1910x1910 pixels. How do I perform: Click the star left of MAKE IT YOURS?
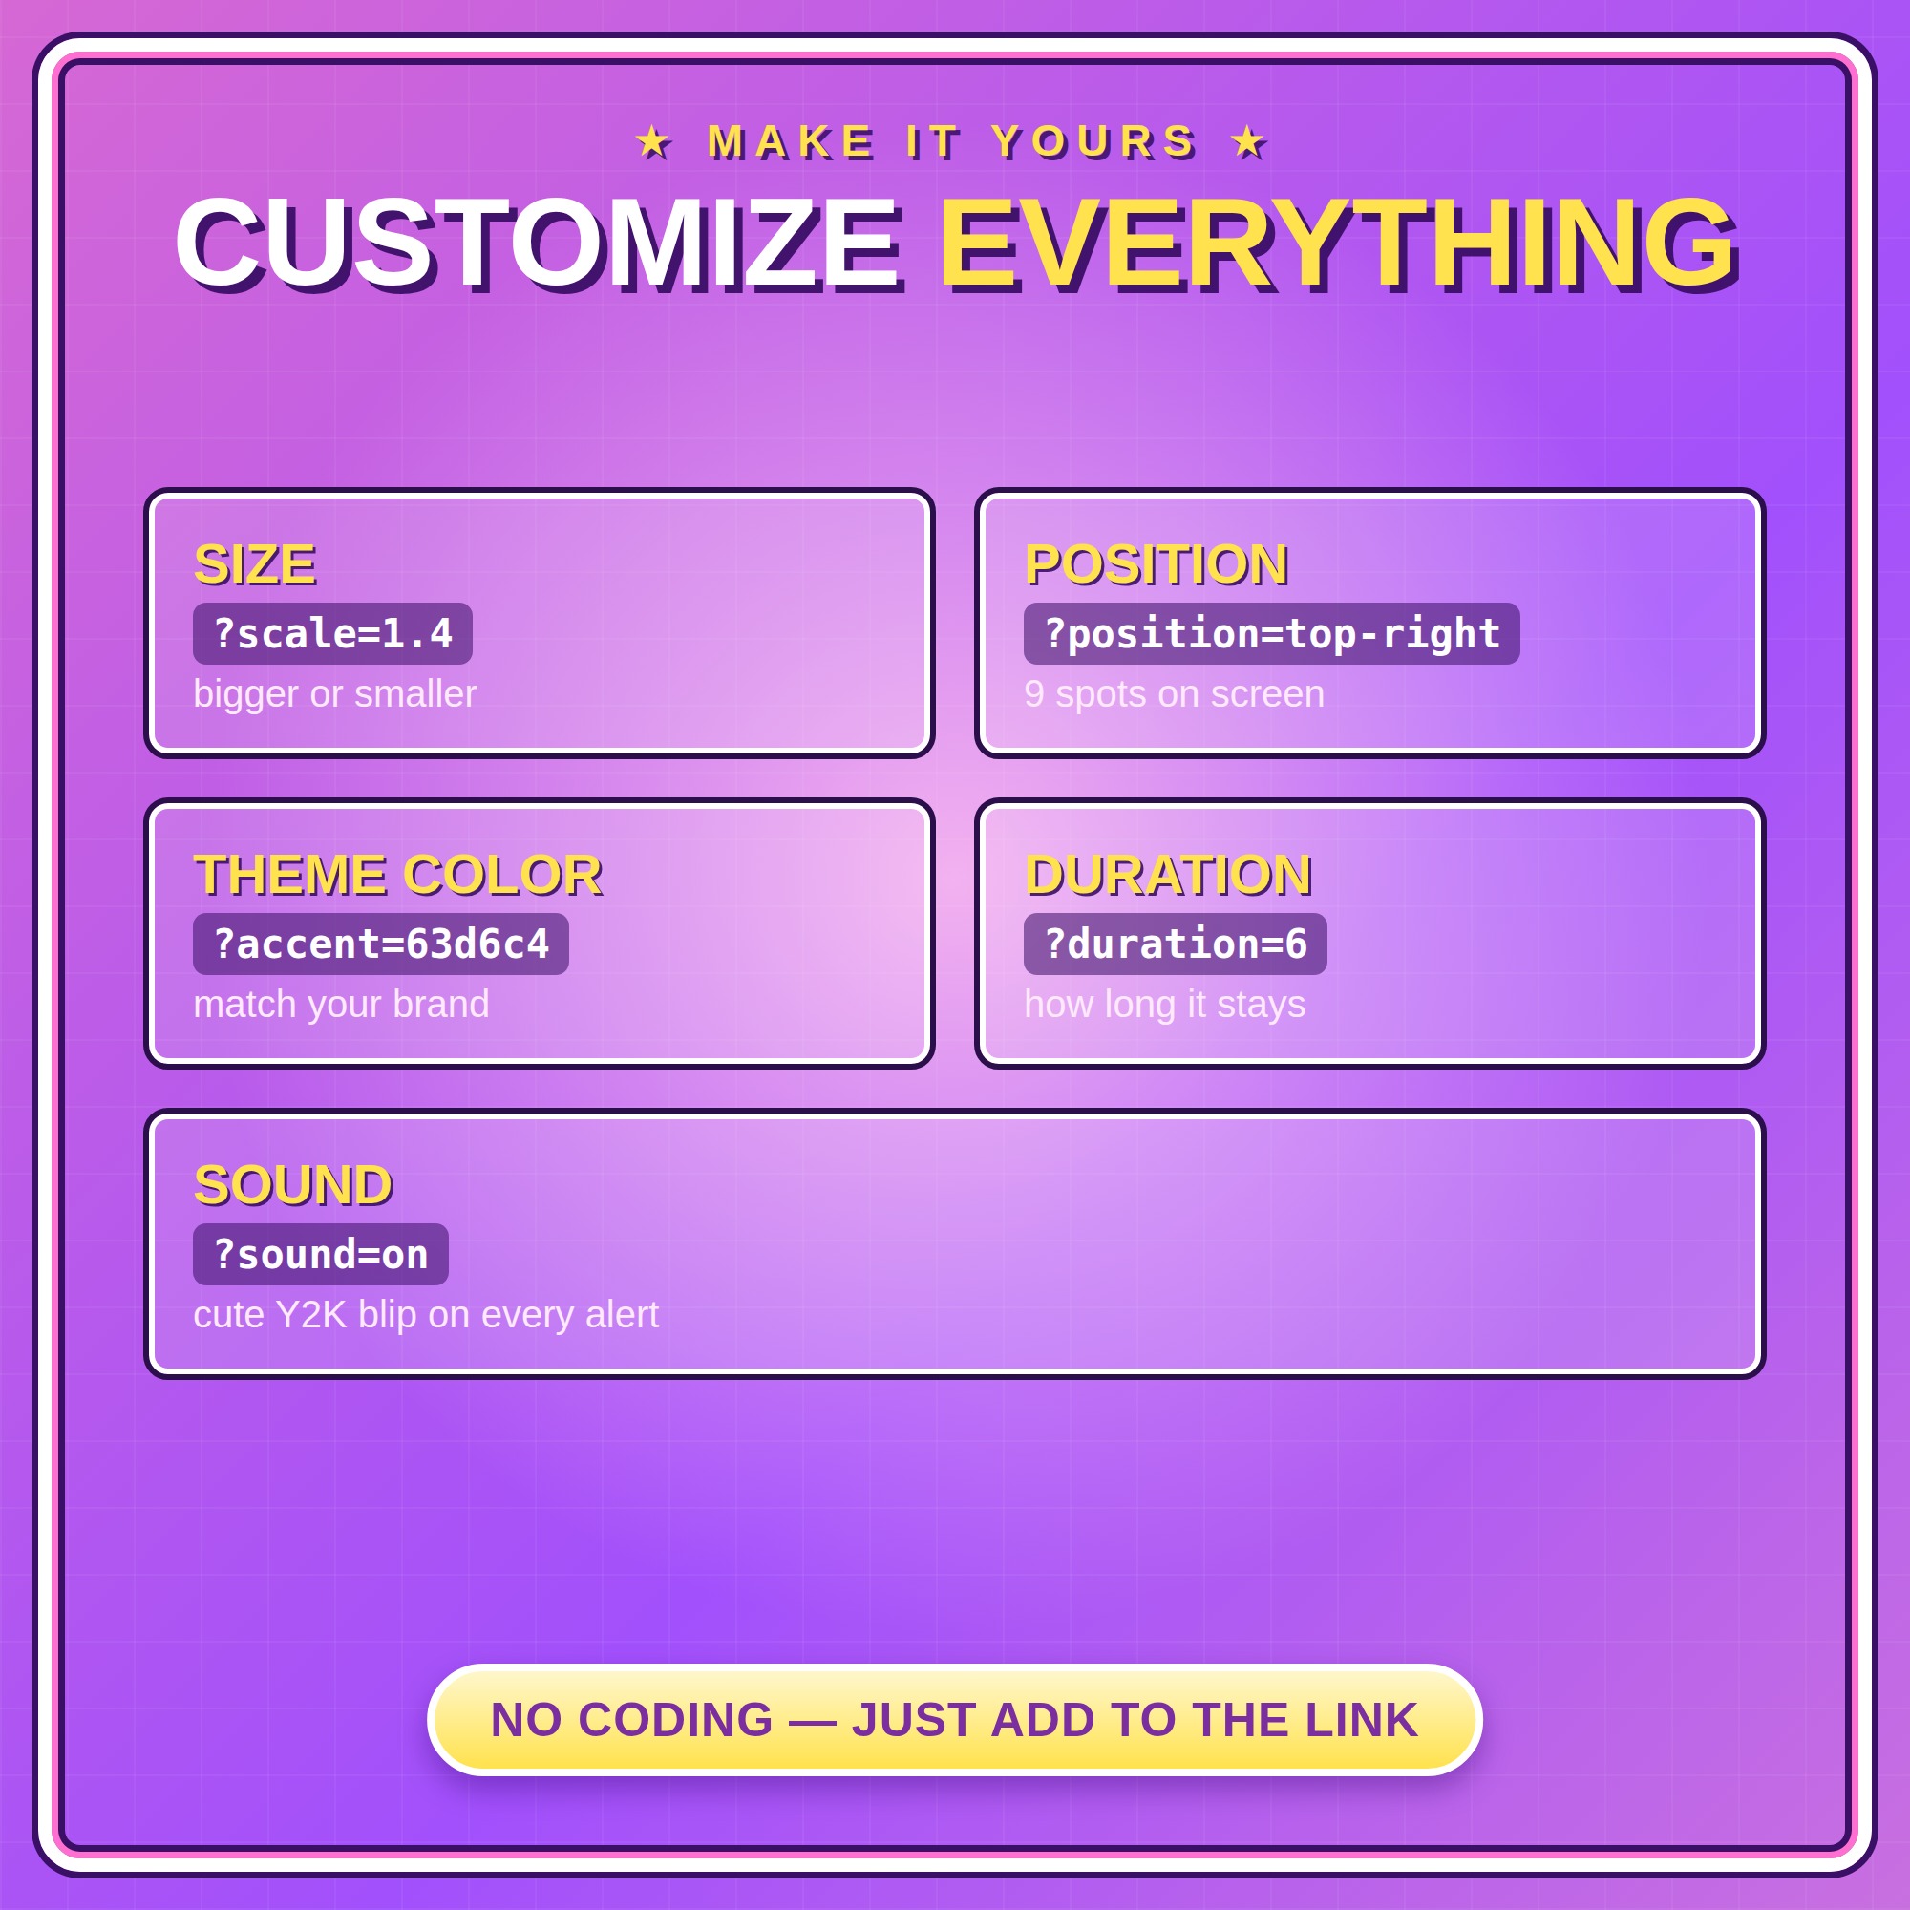[x=653, y=142]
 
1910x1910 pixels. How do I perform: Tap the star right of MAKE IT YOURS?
[x=1248, y=142]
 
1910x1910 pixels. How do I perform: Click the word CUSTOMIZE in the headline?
[x=539, y=244]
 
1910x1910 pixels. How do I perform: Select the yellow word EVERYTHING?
[x=1339, y=244]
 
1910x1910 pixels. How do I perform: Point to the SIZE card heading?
[x=255, y=564]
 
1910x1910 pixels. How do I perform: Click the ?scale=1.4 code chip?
[x=332, y=634]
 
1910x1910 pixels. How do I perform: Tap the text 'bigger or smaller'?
[x=335, y=694]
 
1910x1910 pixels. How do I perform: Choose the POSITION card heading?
[x=1157, y=564]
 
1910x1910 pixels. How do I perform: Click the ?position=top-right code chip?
[x=1271, y=634]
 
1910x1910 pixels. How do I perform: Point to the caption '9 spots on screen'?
[x=1175, y=694]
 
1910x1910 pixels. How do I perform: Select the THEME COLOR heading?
[x=398, y=875]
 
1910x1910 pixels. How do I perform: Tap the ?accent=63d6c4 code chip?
[x=381, y=944]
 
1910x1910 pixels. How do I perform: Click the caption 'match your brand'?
[x=341, y=1005]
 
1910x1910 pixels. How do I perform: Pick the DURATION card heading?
[x=1170, y=875]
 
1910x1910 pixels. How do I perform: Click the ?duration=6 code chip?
[x=1176, y=944]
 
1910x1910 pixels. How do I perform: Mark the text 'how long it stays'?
[x=1164, y=1005]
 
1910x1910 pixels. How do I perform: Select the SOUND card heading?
[x=293, y=1185]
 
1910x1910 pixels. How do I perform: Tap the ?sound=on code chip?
[x=320, y=1255]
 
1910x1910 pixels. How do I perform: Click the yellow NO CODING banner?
[x=954, y=1720]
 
